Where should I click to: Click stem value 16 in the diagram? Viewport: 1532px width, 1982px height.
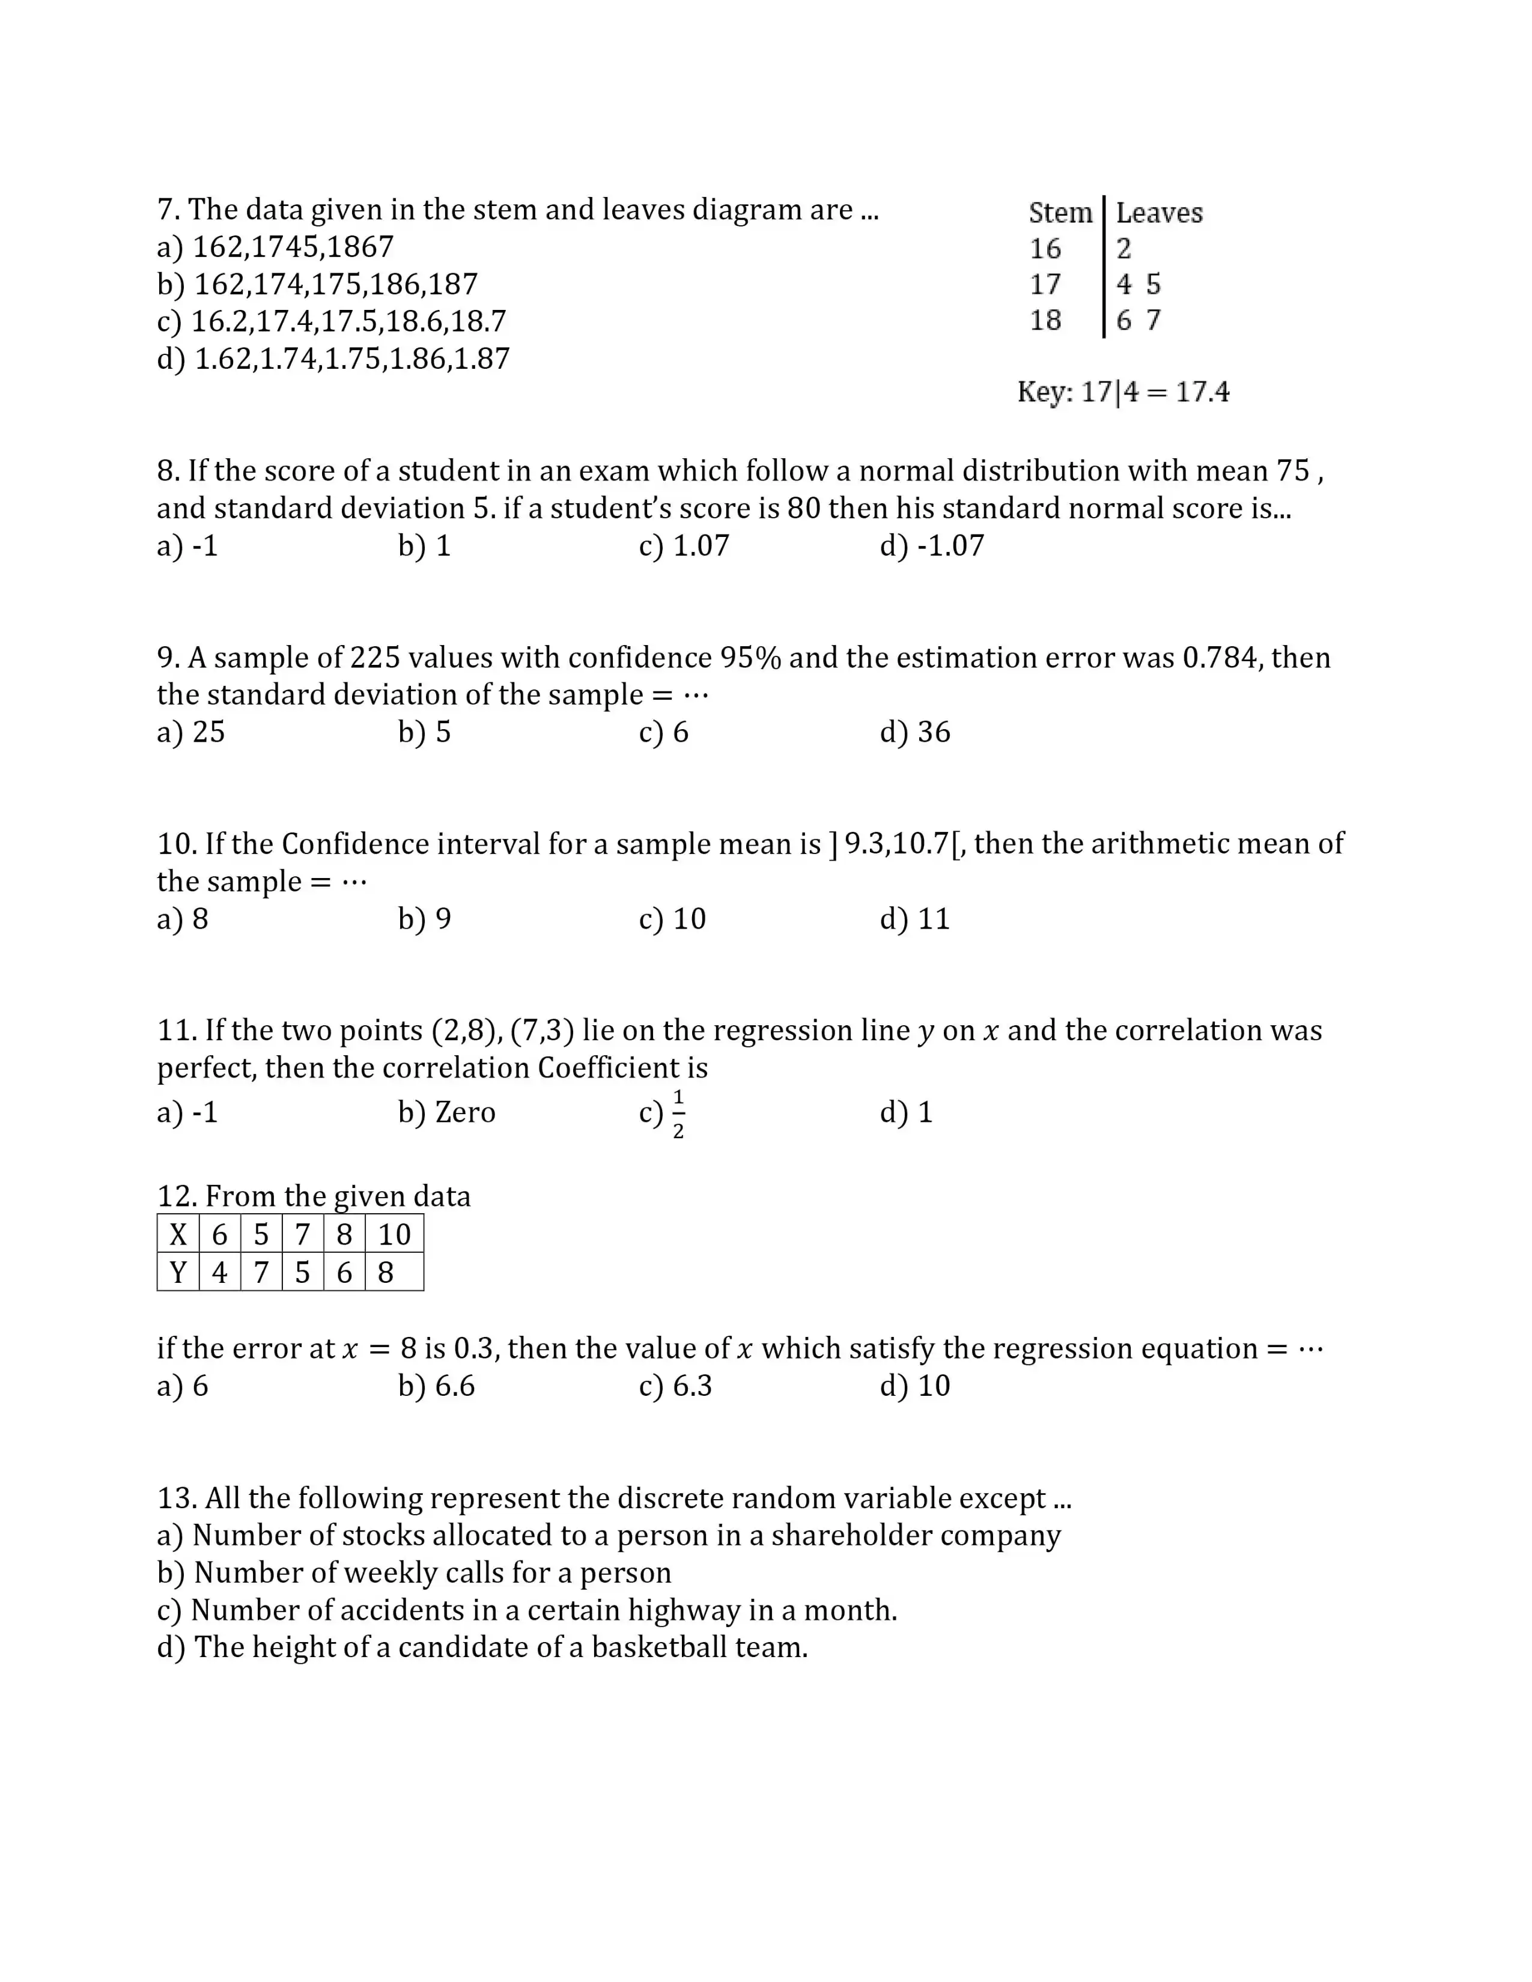tap(1045, 247)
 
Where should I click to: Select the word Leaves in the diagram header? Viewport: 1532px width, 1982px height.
tap(1159, 213)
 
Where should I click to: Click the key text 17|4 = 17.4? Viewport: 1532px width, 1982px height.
tap(1155, 392)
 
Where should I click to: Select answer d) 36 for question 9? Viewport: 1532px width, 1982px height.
tap(915, 732)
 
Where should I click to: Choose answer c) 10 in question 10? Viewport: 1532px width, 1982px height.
tap(672, 920)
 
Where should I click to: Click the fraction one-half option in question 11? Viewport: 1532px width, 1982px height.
tap(677, 1114)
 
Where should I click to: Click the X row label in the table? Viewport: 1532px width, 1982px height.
tap(178, 1234)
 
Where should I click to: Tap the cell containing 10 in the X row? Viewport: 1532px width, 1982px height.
tap(395, 1234)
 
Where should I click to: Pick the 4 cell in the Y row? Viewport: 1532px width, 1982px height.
tap(220, 1272)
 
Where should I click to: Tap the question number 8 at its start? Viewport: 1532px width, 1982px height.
tap(167, 471)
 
